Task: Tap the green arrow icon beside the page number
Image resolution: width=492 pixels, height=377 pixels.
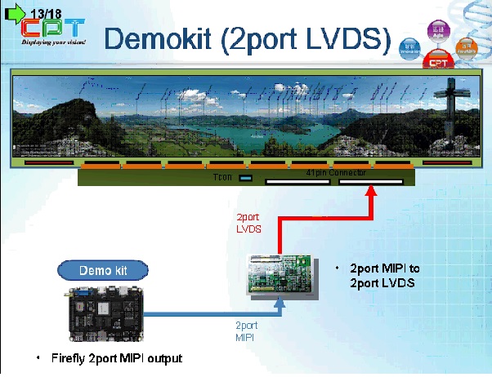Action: tap(15, 13)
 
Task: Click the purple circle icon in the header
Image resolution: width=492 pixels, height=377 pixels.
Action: tap(439, 32)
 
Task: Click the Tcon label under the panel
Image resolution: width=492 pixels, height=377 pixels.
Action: tap(222, 177)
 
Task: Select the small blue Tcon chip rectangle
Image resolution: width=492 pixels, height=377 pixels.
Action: tap(245, 180)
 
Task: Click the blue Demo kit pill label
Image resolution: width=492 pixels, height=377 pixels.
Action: tap(102, 270)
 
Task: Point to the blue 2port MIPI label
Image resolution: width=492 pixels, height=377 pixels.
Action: tap(246, 330)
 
